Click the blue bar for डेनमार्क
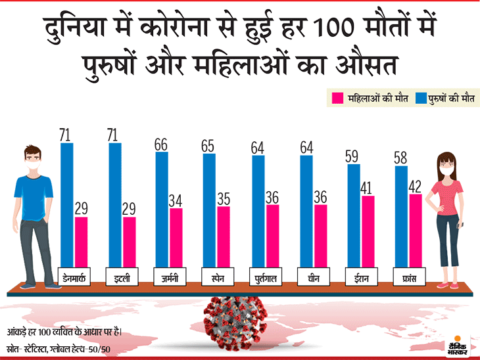(x=67, y=204)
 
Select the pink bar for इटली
(x=130, y=242)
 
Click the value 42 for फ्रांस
(x=415, y=186)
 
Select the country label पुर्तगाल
(x=265, y=277)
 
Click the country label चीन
(x=313, y=277)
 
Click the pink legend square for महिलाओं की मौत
(x=339, y=99)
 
